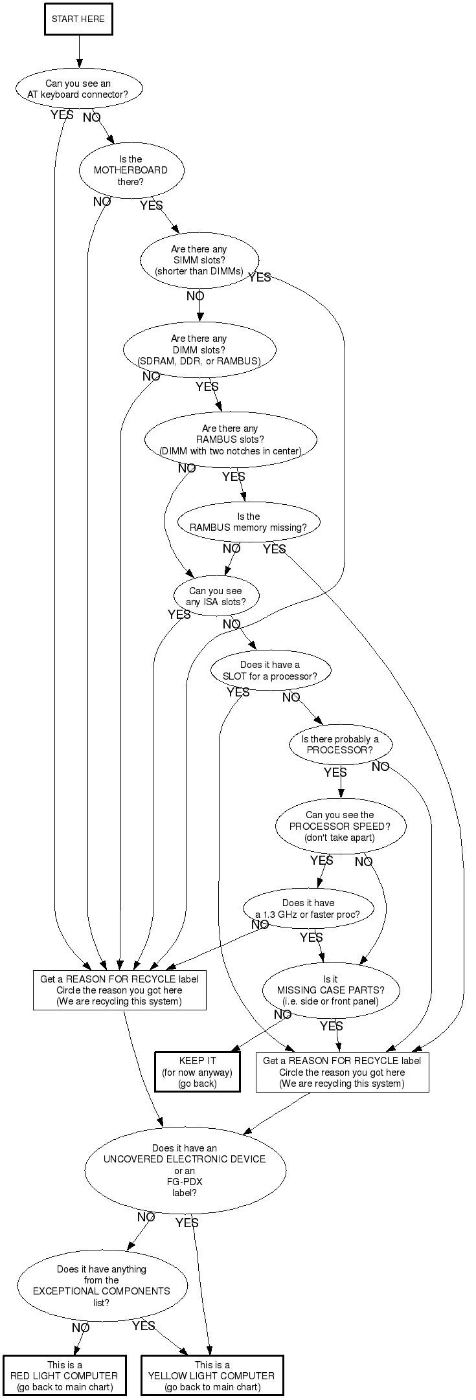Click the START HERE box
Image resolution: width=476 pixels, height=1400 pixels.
pos(78,19)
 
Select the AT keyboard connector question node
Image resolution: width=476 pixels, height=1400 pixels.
pos(78,89)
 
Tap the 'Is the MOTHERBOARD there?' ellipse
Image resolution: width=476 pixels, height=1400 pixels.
pos(131,170)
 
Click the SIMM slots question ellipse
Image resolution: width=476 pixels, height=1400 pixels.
pos(199,260)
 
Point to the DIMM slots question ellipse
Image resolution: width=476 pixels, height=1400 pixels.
pos(199,350)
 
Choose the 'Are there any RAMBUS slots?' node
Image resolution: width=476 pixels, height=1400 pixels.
pos(230,439)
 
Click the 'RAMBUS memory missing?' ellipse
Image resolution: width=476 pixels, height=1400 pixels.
pos(248,522)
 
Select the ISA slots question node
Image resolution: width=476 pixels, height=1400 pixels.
pos(216,596)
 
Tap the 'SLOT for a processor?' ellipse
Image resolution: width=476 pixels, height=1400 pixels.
pos(270,671)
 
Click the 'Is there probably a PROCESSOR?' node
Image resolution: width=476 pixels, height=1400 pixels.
pos(340,744)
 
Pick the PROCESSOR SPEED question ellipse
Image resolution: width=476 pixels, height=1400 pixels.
pos(340,826)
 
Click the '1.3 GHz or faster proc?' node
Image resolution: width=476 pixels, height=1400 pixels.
pos(308,908)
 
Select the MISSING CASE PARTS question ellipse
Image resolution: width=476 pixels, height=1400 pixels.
pos(330,990)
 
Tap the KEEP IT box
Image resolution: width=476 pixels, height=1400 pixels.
pos(197,1072)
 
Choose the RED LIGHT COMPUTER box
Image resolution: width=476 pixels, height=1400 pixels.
pos(64,1375)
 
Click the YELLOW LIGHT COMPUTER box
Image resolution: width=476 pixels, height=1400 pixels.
pos(212,1375)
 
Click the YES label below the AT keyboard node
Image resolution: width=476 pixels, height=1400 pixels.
pos(62,115)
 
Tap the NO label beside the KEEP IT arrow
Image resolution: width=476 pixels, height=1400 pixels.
pos(282,1015)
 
